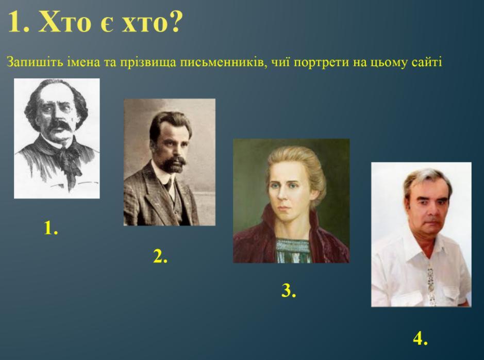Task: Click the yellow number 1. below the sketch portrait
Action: pyautogui.click(x=51, y=228)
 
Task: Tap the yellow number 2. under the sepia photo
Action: pyautogui.click(x=160, y=256)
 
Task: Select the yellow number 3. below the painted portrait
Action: pyautogui.click(x=289, y=290)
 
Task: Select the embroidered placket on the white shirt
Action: pyautogui.click(x=430, y=283)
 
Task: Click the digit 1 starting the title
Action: pyautogui.click(x=14, y=22)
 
